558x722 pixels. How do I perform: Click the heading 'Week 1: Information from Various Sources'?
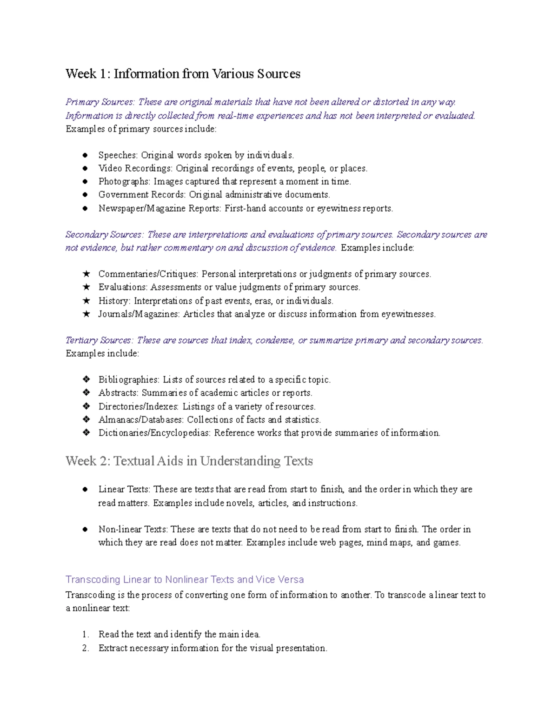183,74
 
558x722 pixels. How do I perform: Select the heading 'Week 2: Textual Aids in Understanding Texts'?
189,461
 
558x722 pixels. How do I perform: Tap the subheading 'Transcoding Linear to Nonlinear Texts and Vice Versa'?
185,579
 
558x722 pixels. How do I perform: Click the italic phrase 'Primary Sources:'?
100,102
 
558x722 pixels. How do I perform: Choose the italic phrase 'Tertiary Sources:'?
100,340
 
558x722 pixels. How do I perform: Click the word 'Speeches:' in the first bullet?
118,155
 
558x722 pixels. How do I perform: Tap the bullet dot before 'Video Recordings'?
85,168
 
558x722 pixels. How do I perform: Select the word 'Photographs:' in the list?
124,181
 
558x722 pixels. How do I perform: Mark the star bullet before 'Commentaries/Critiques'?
86,274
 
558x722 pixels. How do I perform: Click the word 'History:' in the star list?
114,301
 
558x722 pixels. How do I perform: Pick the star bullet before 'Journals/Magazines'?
86,314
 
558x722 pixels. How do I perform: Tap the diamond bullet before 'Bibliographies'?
86,379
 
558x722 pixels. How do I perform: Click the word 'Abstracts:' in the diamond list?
118,393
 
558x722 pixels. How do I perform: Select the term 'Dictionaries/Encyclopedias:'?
154,433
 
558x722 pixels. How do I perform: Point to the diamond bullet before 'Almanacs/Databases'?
86,419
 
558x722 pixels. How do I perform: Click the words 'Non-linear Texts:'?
133,529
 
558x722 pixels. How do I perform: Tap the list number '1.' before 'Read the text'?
85,634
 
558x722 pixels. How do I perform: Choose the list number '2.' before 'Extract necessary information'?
85,648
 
